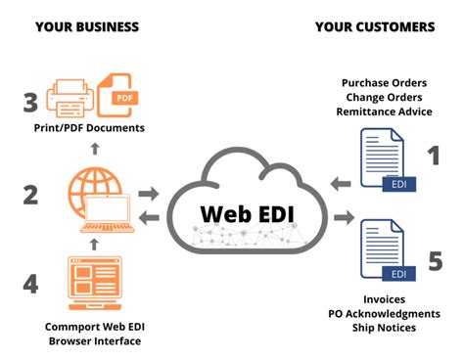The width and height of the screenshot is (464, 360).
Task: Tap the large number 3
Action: point(30,100)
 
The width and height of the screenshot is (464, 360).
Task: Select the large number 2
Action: point(30,195)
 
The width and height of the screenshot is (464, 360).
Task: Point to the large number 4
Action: point(30,284)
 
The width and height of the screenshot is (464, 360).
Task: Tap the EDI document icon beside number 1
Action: point(385,158)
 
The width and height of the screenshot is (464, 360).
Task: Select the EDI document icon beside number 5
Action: point(385,251)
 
